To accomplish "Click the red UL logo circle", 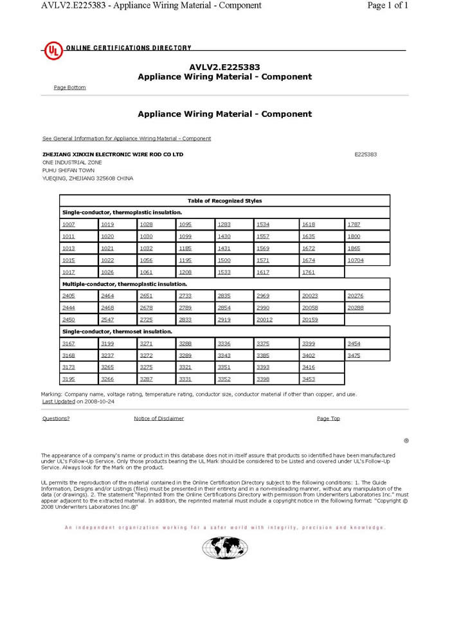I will pos(53,51).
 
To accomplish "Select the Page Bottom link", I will pos(69,87).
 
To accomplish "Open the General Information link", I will pos(126,138).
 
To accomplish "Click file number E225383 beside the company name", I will pos(365,154).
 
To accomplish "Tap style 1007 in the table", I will pos(68,224).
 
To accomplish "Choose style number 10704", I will pos(355,260).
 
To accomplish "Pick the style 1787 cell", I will pos(354,224).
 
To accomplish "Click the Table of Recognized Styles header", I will pos(224,201).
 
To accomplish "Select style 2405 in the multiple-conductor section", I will pos(68,296).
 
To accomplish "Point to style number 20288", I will pos(355,308).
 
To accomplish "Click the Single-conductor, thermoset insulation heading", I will pos(117,331).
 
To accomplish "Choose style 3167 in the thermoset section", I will pos(68,344).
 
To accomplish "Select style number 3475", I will pos(354,355).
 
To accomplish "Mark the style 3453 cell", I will pos(309,379).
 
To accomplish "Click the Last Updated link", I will pos(59,401).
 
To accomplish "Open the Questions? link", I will pos(56,418).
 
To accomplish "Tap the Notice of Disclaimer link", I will pos(159,418).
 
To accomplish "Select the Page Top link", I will pos(328,418).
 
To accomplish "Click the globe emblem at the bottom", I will pos(224,548).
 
